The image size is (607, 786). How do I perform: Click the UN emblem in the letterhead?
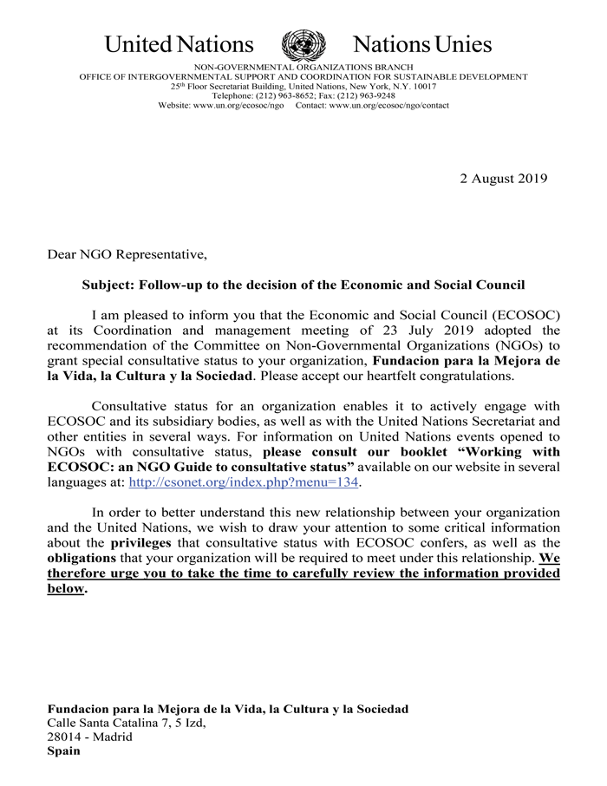(303, 44)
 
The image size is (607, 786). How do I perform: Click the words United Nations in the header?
(179, 44)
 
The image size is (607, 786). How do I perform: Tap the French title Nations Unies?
(422, 44)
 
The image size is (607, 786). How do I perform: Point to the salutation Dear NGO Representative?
(127, 254)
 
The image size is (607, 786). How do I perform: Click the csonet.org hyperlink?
(243, 482)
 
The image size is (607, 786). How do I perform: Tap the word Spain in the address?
(63, 751)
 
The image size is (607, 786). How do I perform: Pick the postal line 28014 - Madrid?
(90, 737)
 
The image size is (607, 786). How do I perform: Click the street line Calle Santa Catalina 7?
(127, 723)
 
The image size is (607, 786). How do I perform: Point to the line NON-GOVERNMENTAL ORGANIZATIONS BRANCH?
(303, 67)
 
